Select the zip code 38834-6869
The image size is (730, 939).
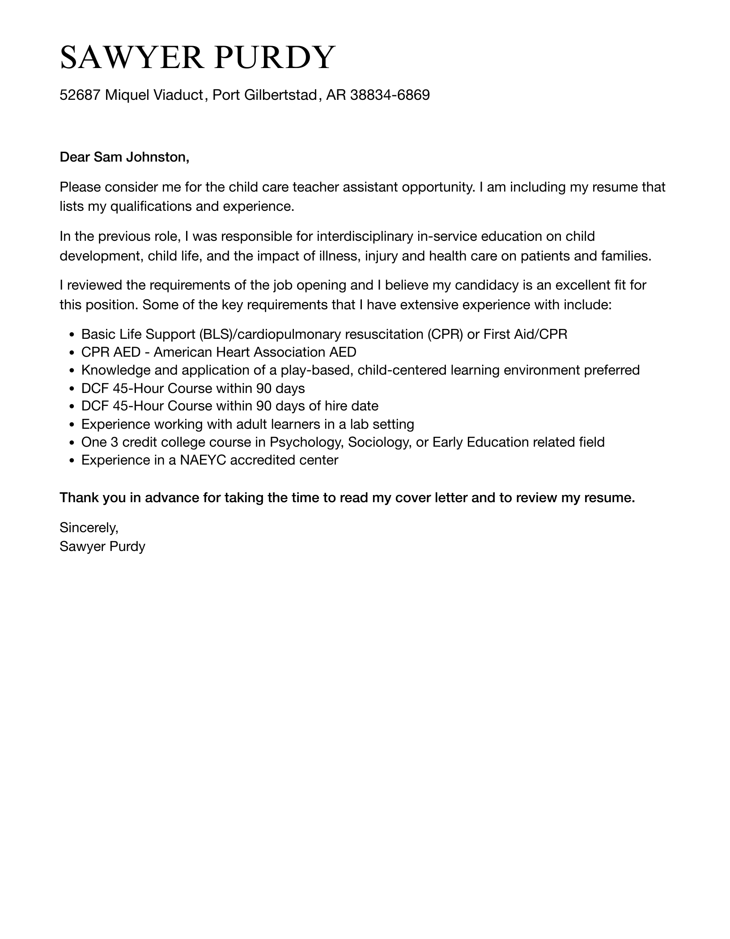coord(390,95)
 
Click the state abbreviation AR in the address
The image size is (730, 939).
coord(335,95)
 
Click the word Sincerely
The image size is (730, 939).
coord(89,528)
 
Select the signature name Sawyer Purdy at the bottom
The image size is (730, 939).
coord(102,546)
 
